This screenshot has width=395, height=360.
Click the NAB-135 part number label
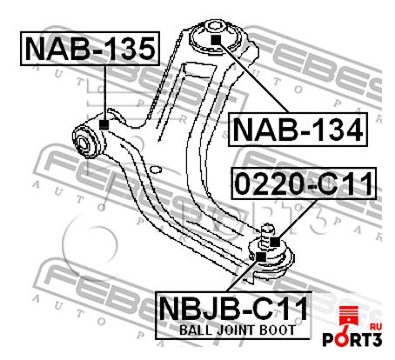[90, 49]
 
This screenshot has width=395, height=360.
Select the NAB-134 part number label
[298, 130]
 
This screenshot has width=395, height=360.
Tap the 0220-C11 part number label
[304, 183]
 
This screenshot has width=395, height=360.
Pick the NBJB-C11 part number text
[233, 309]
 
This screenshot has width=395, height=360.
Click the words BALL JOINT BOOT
[238, 330]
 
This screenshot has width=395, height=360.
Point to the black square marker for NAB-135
[104, 124]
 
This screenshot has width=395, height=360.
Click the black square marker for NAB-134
[216, 40]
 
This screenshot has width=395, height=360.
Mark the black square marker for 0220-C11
[275, 242]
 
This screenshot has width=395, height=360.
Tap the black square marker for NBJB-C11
[261, 257]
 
